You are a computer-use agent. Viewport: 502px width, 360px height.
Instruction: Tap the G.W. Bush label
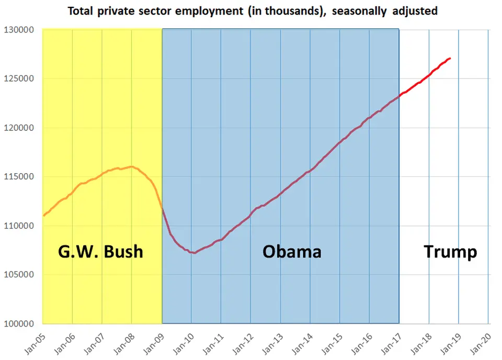point(100,251)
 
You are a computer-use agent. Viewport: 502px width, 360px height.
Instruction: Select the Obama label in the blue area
point(291,251)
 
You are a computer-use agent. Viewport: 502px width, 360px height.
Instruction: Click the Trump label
point(450,251)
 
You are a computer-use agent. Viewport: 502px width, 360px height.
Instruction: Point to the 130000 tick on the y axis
point(20,30)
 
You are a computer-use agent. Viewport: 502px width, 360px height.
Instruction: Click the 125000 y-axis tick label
point(20,79)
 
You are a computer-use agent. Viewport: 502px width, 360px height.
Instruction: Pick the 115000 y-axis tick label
point(20,177)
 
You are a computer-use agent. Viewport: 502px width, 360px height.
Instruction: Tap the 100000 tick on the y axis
point(20,324)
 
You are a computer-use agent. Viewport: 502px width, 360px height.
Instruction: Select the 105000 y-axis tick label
point(20,275)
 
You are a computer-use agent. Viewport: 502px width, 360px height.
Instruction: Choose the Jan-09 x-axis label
point(152,341)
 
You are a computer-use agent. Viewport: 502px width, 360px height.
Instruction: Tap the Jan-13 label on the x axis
point(271,341)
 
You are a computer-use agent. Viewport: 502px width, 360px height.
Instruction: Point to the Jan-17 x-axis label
point(390,341)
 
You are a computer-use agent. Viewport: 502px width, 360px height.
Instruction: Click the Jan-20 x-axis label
point(479,341)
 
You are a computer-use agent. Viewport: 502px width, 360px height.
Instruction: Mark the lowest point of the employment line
point(194,253)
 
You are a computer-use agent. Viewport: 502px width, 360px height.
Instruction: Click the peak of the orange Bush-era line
point(131,167)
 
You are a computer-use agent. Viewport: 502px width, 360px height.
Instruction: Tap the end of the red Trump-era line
point(450,58)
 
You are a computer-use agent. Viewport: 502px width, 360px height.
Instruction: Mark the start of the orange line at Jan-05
point(43,216)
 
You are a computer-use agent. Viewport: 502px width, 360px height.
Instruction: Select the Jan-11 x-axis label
point(212,341)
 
